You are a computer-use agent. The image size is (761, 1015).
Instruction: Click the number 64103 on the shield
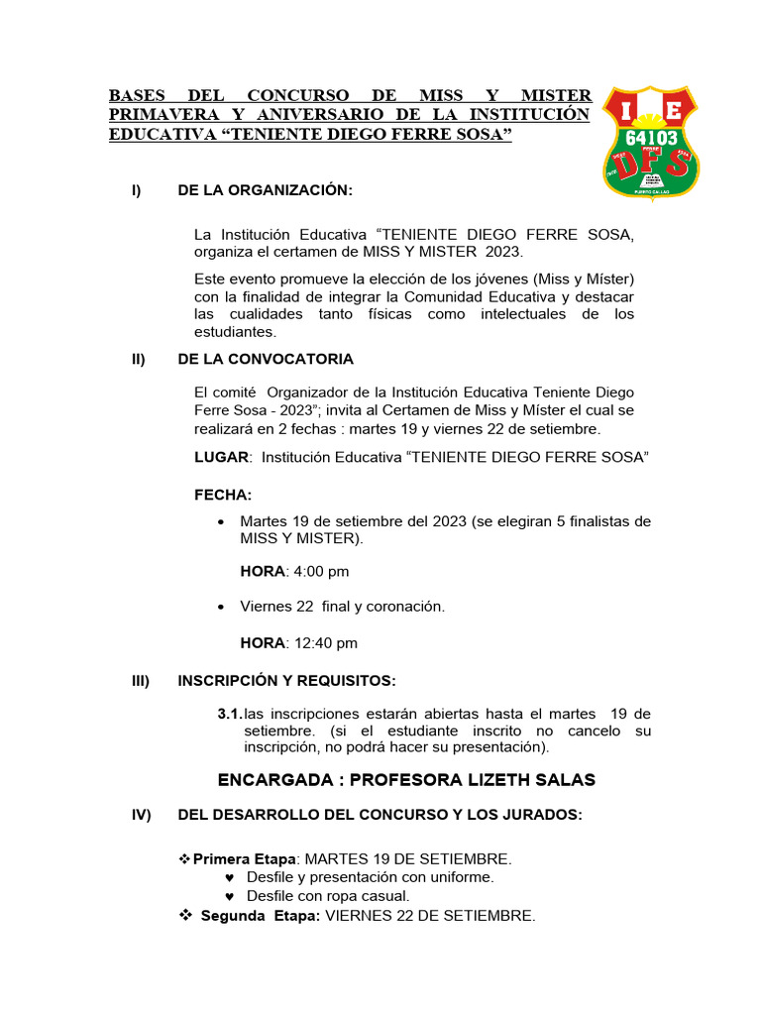click(651, 137)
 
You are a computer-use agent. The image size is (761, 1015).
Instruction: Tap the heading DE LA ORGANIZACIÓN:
click(265, 190)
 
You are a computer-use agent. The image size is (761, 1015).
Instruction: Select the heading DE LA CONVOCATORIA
click(265, 359)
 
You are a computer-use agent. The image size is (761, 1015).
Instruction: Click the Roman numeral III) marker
click(140, 681)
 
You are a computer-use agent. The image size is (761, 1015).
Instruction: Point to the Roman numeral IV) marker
click(141, 815)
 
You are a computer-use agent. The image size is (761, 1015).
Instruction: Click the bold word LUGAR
click(221, 457)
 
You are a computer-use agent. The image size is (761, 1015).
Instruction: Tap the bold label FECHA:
click(223, 495)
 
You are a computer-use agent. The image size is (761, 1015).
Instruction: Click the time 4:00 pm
click(318, 572)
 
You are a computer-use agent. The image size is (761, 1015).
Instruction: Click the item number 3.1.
click(229, 715)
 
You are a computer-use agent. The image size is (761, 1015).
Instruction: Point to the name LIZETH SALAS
click(530, 780)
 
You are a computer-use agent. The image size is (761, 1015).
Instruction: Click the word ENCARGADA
click(274, 780)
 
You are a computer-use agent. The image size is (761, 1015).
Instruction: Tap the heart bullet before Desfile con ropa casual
click(230, 897)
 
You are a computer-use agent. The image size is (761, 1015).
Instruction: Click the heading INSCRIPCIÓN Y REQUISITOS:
click(286, 681)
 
